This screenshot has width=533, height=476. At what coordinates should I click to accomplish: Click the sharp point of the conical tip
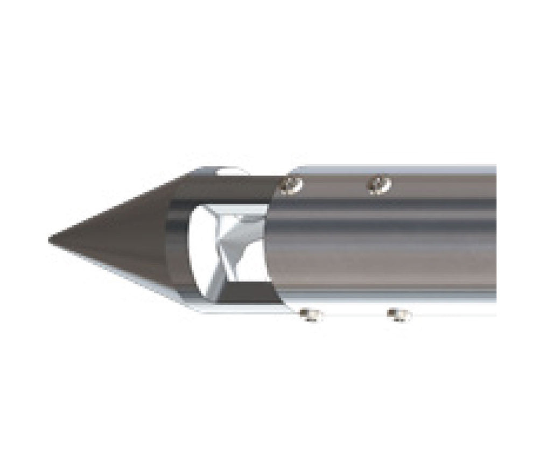pos(50,238)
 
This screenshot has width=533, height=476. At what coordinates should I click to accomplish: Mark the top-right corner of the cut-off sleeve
pos(495,166)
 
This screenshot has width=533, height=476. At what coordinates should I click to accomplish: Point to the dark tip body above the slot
pos(232,188)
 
